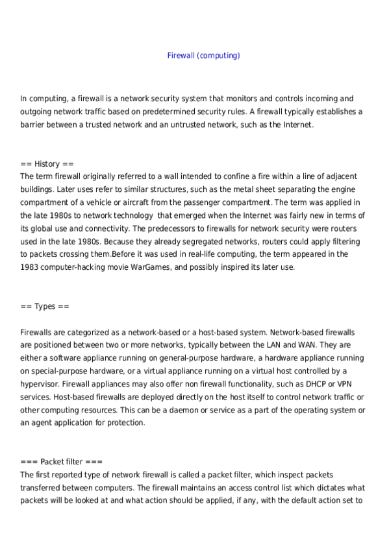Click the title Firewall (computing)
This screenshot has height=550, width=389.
203,55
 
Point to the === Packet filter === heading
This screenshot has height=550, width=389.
61,462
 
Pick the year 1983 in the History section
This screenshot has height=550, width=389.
30,267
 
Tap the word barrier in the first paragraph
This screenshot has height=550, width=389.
33,125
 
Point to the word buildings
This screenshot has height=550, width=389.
37,189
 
